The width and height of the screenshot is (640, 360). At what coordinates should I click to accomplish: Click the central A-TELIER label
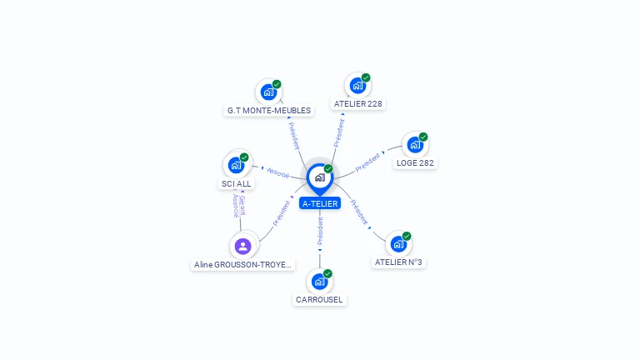coord(320,203)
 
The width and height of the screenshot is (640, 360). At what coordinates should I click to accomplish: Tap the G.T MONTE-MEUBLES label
coord(268,110)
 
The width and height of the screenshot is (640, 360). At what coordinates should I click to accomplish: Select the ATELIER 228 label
coord(358,104)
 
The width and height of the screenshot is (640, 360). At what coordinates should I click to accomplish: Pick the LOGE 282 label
coord(415,163)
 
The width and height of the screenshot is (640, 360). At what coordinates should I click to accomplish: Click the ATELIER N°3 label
coord(399,262)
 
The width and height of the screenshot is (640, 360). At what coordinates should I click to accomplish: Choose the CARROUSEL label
coord(319,300)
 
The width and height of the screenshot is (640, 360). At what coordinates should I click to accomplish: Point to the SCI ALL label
coord(236,183)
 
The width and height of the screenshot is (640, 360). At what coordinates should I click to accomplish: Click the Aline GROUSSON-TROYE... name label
coord(243,264)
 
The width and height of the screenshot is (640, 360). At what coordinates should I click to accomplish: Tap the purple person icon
coord(242,246)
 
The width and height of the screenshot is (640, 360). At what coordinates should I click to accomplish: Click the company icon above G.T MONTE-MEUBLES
coord(268,92)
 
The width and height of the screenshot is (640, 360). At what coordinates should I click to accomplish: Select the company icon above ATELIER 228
coord(357,86)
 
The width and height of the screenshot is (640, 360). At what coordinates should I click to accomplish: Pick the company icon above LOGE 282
coord(414,145)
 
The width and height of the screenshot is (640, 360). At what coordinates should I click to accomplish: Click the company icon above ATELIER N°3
coord(398,244)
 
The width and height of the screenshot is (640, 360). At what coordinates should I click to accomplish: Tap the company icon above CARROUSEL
coord(319,282)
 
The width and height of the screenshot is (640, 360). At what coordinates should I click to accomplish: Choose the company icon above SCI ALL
coord(236,165)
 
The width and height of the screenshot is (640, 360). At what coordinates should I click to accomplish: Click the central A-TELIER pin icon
coord(319,177)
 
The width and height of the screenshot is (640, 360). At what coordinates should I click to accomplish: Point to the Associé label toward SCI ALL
coord(277,173)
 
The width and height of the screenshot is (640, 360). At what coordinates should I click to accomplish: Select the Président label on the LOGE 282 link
coord(367,162)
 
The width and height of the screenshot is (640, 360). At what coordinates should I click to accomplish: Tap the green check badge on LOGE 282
coord(423,137)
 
